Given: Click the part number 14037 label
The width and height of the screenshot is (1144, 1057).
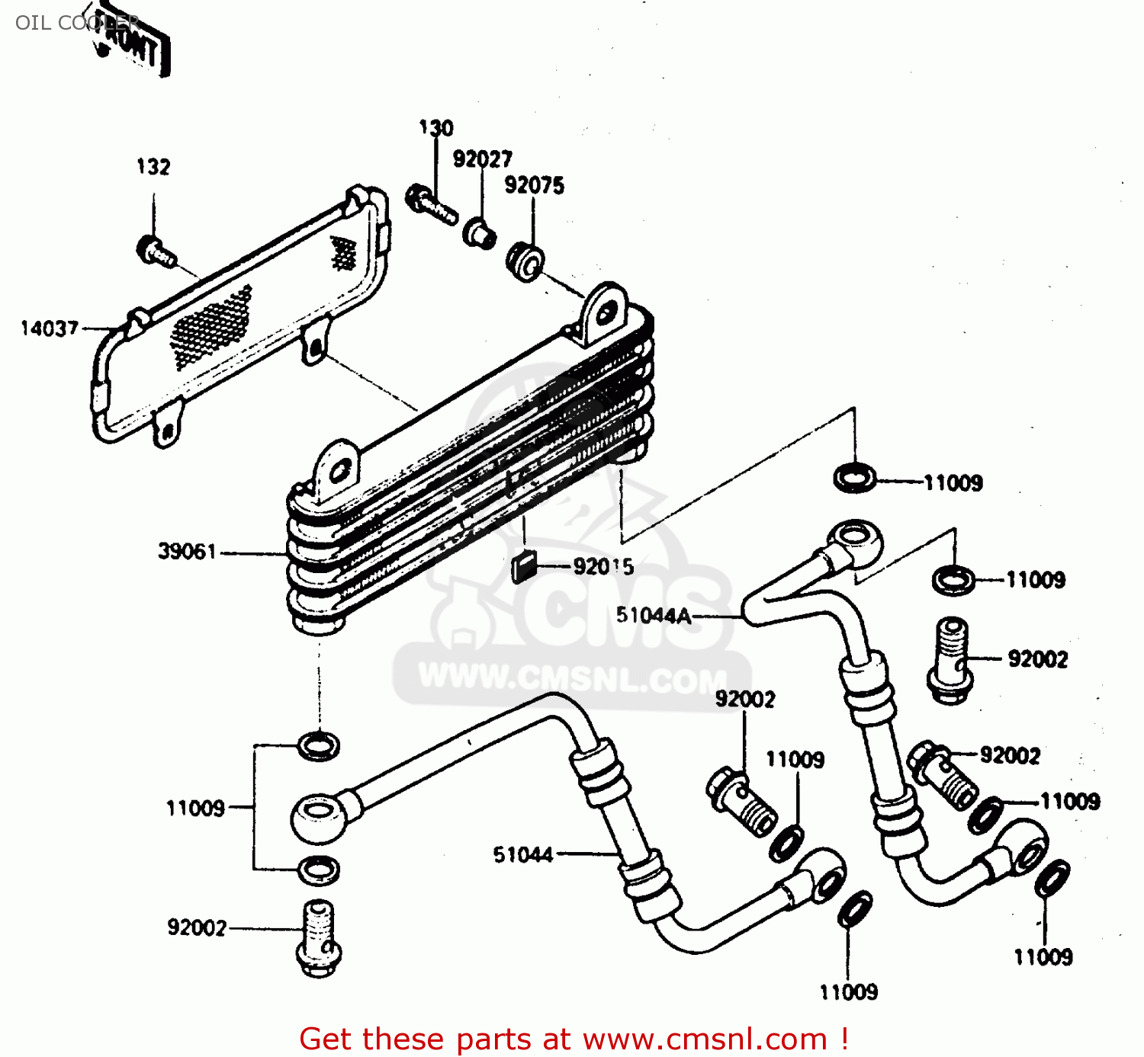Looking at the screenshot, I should tap(49, 328).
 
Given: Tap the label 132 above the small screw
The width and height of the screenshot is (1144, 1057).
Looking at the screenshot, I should tap(153, 167).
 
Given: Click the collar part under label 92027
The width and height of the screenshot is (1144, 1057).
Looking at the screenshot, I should tap(479, 232).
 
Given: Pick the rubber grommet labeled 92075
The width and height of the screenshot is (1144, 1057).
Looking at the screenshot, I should tap(525, 261).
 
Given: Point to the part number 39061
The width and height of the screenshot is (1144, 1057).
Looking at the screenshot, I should tap(188, 552).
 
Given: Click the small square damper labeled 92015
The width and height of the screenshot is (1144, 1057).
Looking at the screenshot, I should tap(524, 567).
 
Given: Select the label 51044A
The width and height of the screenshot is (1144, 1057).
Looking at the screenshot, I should tap(653, 615).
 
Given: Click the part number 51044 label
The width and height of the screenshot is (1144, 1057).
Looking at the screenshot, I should tap(522, 855).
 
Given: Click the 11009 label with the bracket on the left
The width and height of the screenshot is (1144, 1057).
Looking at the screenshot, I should tap(195, 809).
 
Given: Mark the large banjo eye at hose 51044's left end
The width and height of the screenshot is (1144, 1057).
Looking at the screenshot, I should tap(319, 818).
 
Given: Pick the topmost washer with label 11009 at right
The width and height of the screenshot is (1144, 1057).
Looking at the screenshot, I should tap(854, 478).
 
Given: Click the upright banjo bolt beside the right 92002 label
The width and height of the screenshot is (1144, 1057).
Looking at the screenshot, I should tap(950, 659).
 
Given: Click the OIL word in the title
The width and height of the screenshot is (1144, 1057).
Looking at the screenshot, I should tap(33, 23).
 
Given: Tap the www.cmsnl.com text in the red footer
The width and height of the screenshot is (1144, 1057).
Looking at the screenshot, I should tap(705, 1039).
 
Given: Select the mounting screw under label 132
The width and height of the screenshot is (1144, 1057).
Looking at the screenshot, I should tap(155, 251).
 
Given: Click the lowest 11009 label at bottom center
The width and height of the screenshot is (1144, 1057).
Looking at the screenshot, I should tap(848, 992).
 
